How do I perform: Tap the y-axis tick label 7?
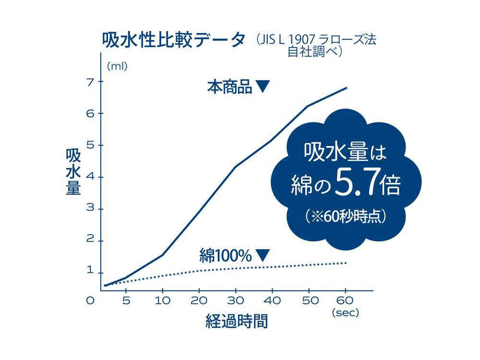[x=89, y=82]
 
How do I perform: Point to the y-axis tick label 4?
[x=89, y=177]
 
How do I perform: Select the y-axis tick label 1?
[x=89, y=270]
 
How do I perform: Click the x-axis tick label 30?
[x=235, y=301]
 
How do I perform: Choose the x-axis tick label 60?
[x=345, y=301]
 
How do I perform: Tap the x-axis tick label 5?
[x=125, y=301]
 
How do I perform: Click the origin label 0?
[x=89, y=301]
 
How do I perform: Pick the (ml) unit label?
[x=117, y=66]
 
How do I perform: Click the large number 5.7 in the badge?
[x=355, y=184]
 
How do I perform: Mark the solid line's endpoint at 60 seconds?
[x=346, y=88]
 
